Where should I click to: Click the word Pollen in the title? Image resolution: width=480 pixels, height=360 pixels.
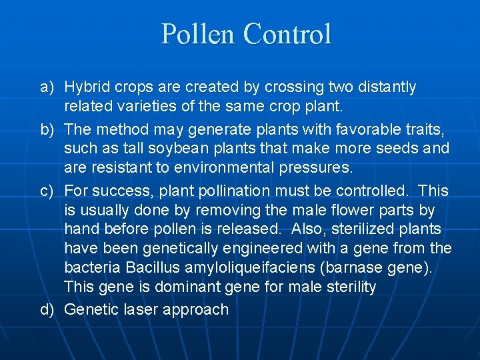point(199,34)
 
